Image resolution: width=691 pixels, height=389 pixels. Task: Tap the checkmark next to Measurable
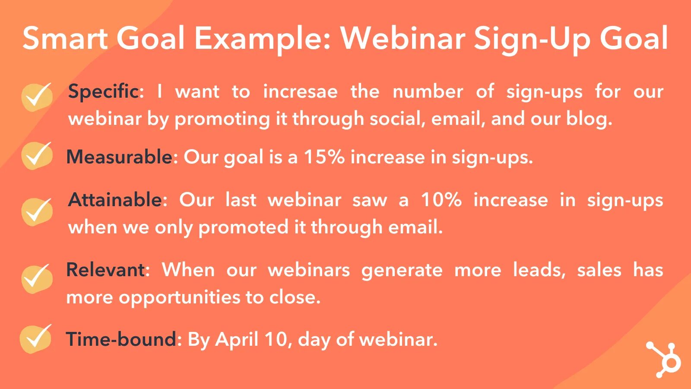click(37, 156)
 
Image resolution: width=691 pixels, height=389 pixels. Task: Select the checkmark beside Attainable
click(37, 212)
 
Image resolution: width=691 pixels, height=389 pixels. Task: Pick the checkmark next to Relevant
click(37, 279)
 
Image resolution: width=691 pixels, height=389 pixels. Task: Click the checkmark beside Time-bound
click(36, 338)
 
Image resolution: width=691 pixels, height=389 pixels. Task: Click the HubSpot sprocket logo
click(664, 360)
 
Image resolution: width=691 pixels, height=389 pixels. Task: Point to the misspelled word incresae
click(300, 92)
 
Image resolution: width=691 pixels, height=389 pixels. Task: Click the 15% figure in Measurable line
click(324, 157)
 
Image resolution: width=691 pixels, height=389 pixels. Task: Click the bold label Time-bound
click(121, 339)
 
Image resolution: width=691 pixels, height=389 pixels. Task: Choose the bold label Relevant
click(106, 270)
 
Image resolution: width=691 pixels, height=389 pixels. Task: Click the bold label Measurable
click(120, 157)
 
